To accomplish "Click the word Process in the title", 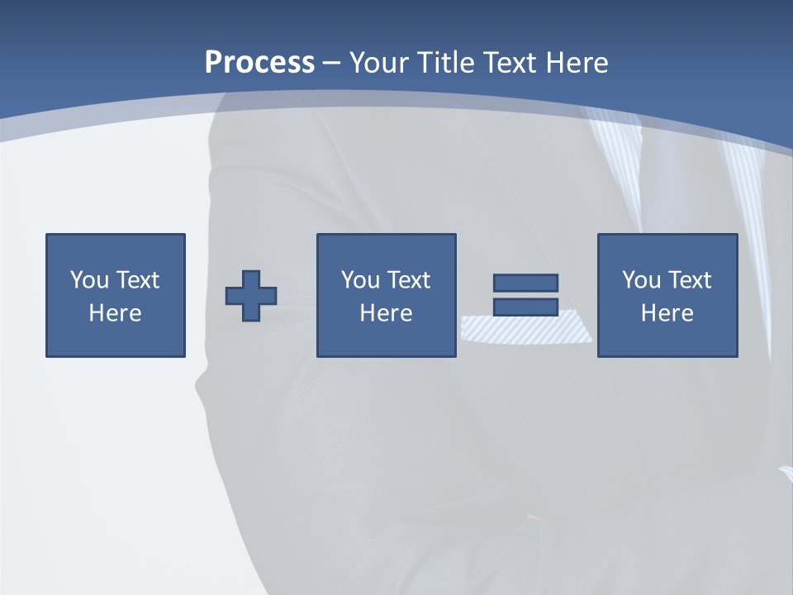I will (259, 63).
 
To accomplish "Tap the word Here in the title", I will (576, 63).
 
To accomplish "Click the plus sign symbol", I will (251, 296).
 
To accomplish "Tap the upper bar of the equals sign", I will (525, 283).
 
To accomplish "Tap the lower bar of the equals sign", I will (525, 307).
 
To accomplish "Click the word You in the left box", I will (89, 280).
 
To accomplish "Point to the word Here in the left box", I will (116, 313).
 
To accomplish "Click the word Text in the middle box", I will (409, 280).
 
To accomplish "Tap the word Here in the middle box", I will (387, 313).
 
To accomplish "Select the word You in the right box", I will (641, 280).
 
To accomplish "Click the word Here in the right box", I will (667, 313).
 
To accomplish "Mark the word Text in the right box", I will (690, 280).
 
